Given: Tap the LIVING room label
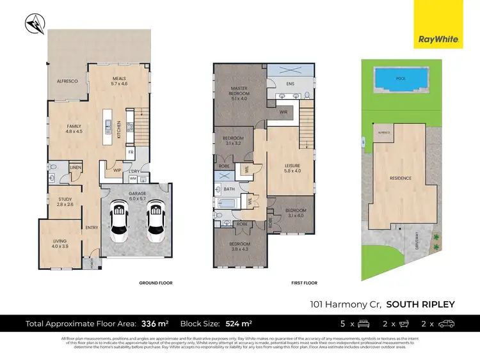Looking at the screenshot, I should click(60, 243).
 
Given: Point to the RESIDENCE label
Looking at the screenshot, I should click(401, 178).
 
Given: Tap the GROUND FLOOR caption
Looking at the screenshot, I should click(156, 283).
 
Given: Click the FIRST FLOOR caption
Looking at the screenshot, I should click(304, 283).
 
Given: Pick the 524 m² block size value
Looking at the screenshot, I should click(238, 324).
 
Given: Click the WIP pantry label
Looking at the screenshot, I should click(118, 170).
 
